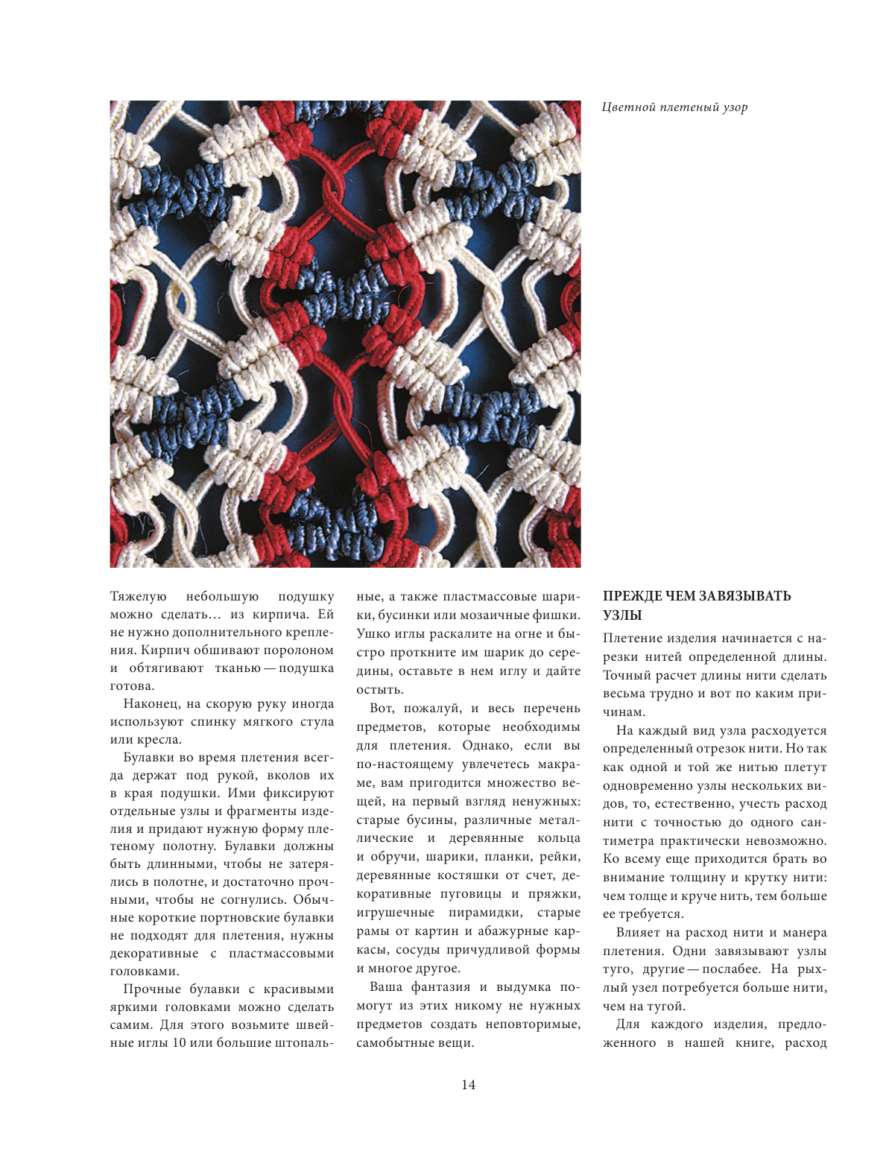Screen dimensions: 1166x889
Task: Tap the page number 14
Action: tap(468, 1085)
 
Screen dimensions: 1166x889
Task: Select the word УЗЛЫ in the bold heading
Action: tap(622, 615)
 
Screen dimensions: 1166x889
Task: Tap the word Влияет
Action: tap(637, 933)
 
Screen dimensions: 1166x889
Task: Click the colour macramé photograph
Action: tap(345, 334)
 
